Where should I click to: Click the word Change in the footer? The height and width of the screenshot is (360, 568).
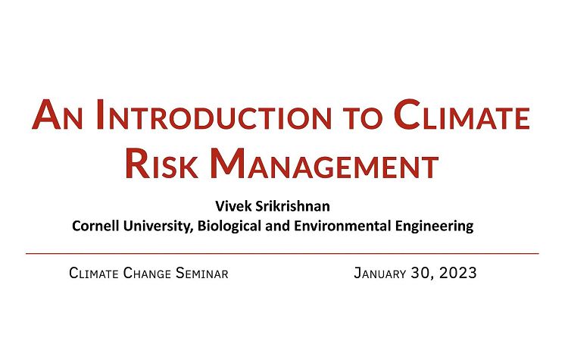point(146,273)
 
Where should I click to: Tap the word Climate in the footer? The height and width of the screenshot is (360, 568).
point(93,273)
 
